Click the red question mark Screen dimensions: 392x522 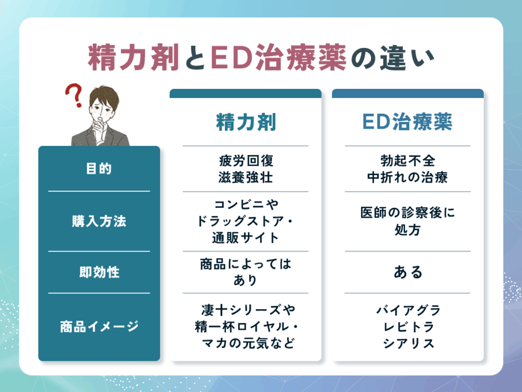(x=74, y=96)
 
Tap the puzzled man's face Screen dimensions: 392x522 (x=100, y=110)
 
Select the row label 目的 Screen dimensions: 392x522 (x=99, y=169)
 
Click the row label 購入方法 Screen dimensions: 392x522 (x=99, y=222)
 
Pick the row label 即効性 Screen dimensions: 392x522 (x=99, y=273)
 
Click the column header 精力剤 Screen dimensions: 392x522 (x=246, y=122)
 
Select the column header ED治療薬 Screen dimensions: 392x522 (x=407, y=122)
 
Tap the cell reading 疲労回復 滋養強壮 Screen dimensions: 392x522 (x=246, y=169)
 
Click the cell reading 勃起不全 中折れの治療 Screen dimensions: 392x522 (x=407, y=169)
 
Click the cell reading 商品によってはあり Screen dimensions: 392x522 (x=246, y=273)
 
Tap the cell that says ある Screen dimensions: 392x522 (x=407, y=273)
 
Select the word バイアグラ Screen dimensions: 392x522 (x=408, y=310)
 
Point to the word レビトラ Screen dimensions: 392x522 (x=408, y=327)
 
